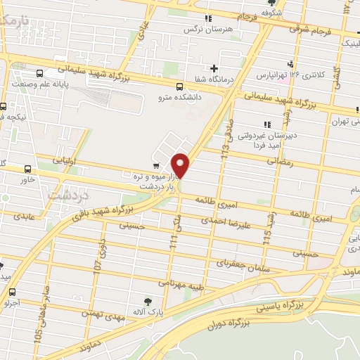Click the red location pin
[181, 165]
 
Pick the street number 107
[98, 268]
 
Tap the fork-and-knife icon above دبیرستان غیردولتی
[265, 125]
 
